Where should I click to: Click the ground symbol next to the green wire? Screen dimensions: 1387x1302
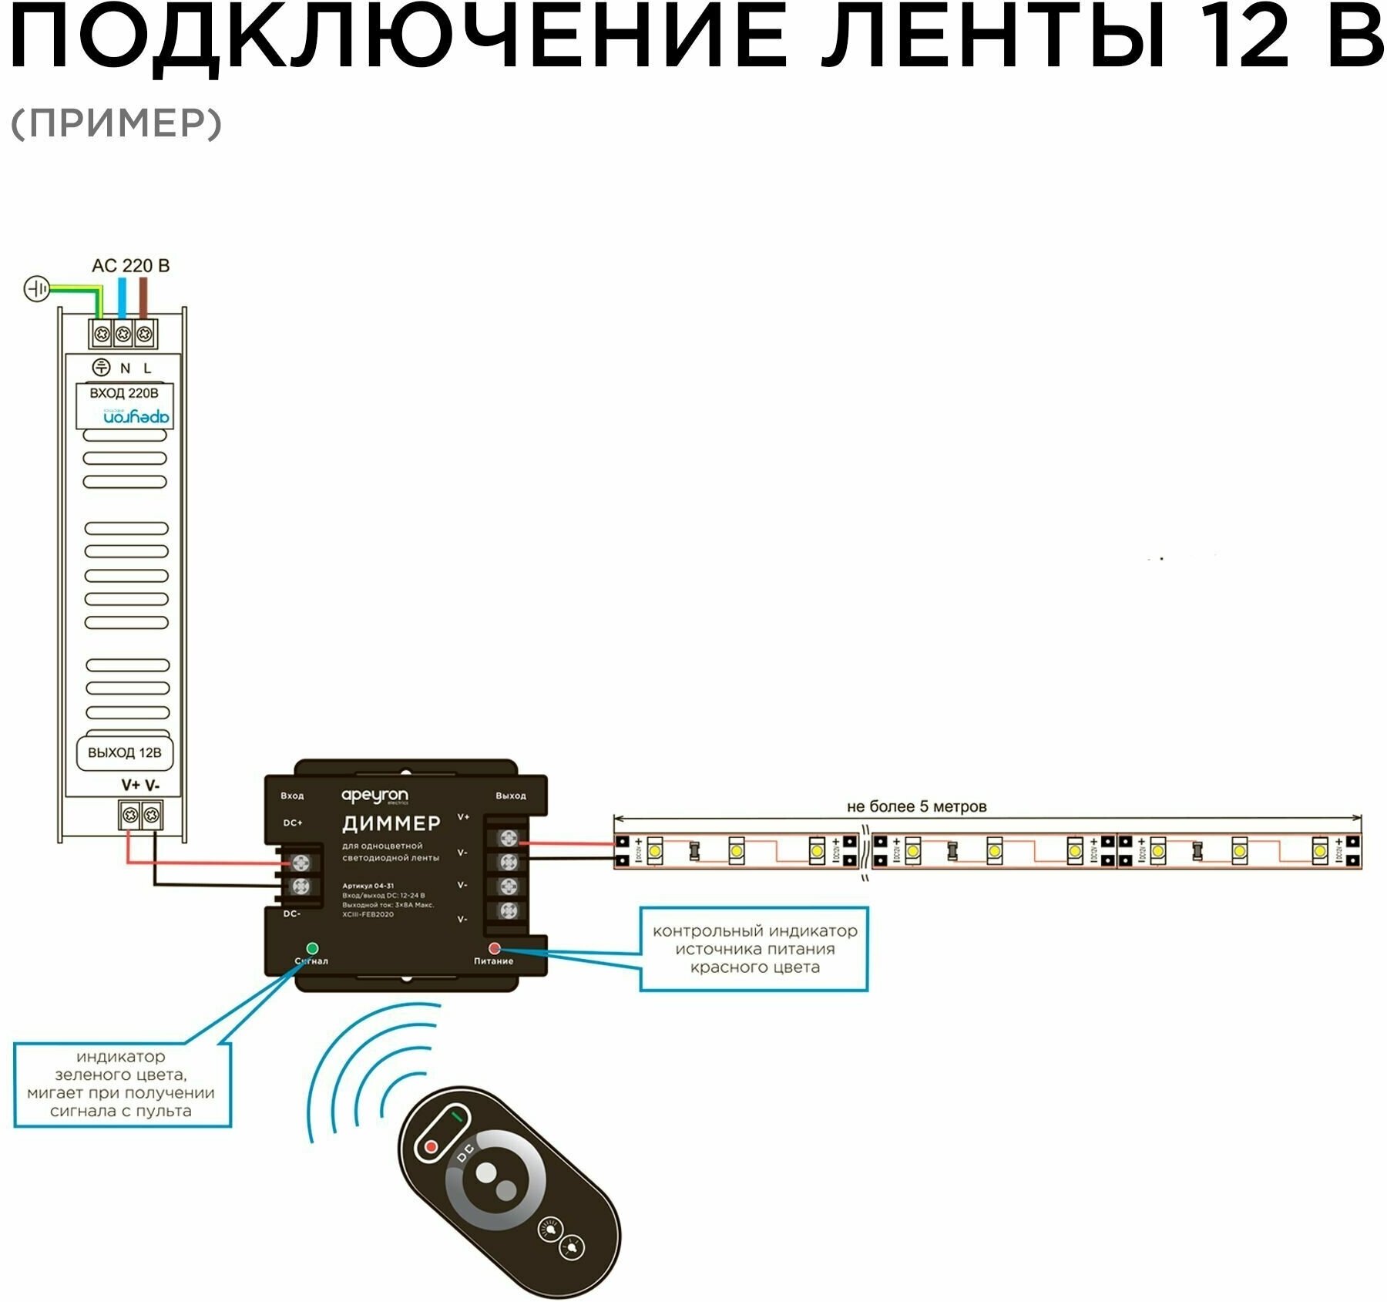click(36, 289)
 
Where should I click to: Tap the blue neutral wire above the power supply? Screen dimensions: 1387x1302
click(122, 297)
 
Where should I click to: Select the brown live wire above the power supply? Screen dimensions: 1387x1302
click(143, 297)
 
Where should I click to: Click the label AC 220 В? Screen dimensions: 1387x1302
click(130, 266)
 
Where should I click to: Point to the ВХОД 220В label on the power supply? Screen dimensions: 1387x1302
click(124, 393)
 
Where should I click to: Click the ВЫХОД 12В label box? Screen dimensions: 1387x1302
click(124, 753)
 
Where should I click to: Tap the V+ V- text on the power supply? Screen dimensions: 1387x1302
click(140, 786)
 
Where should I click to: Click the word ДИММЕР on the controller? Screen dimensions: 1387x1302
click(391, 823)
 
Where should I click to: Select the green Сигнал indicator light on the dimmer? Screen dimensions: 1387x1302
click(312, 948)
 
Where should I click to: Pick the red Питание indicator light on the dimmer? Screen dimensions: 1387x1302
click(494, 948)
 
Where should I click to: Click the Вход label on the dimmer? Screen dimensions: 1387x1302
click(292, 796)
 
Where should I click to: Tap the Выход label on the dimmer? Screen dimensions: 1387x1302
click(511, 796)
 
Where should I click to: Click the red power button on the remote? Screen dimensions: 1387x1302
click(432, 1147)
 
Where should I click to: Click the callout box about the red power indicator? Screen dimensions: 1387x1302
click(754, 949)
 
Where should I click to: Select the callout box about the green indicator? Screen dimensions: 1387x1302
click(122, 1084)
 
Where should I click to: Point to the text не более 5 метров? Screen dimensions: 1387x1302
click(916, 807)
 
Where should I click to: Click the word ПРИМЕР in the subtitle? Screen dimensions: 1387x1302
click(116, 123)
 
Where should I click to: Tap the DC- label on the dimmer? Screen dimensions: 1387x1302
click(292, 913)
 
